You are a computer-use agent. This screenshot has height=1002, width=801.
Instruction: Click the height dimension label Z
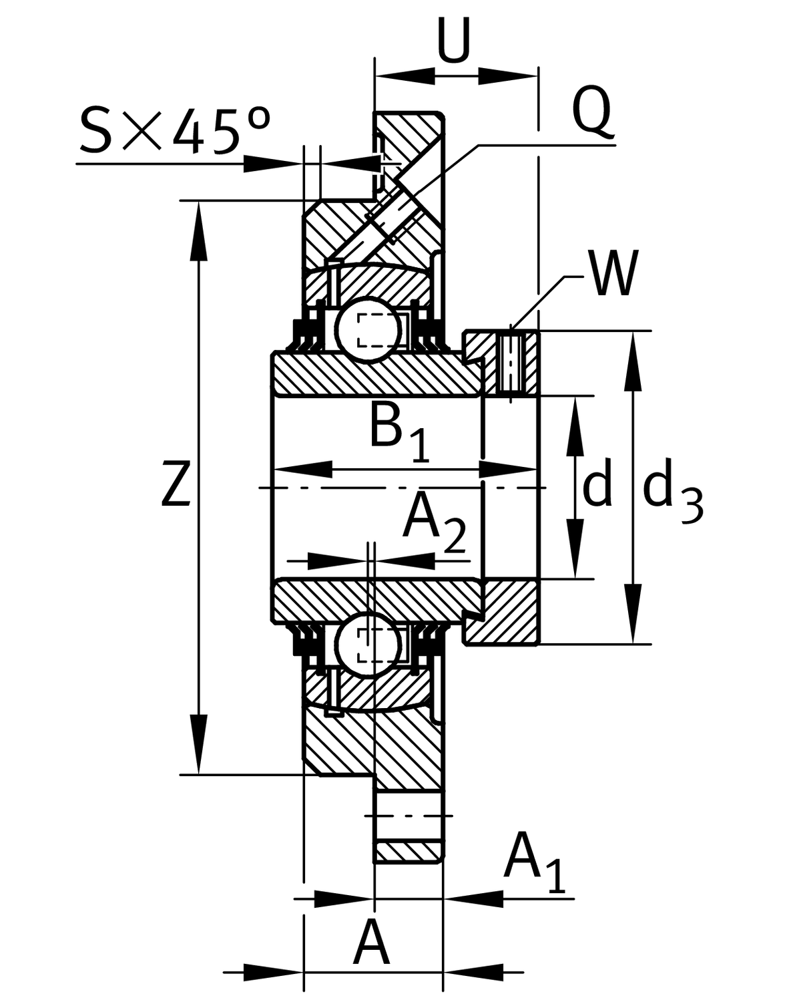pyautogui.click(x=176, y=483)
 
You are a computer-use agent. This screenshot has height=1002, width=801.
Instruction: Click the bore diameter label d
pyautogui.click(x=597, y=486)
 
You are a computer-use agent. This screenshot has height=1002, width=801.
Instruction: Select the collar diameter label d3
pyautogui.click(x=672, y=491)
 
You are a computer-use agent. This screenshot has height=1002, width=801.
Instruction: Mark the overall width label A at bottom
pyautogui.click(x=371, y=943)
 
